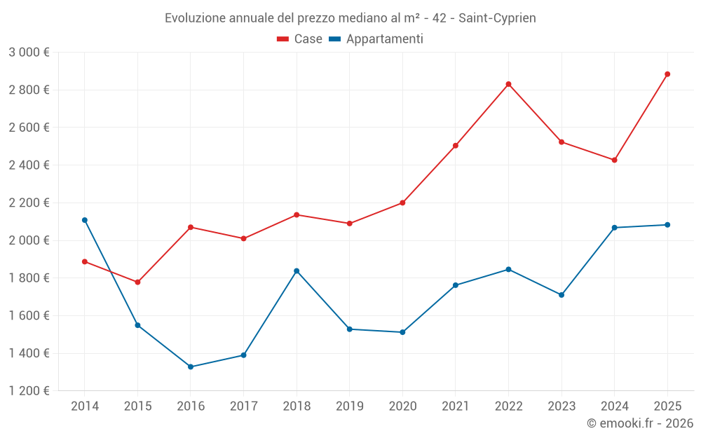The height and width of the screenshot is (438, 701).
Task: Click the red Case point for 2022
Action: (x=508, y=84)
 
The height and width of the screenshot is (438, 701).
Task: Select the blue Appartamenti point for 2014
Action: (x=85, y=220)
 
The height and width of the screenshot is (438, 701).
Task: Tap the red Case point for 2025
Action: (x=667, y=74)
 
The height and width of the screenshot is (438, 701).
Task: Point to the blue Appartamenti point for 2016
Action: (x=191, y=367)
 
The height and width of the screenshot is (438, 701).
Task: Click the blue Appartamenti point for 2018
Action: (x=297, y=271)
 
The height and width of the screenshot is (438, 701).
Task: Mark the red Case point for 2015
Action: (x=137, y=282)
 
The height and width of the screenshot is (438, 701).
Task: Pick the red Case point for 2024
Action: (x=614, y=160)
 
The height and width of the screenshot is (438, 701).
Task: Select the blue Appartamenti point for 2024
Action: (x=614, y=228)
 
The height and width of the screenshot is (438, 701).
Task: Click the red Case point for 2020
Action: (x=402, y=203)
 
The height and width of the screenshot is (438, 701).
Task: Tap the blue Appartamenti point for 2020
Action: (x=402, y=332)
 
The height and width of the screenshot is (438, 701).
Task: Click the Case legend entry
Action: (x=300, y=39)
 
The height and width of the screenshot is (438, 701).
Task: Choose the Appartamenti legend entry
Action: (x=376, y=39)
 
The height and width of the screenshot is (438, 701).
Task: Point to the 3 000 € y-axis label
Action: (x=29, y=53)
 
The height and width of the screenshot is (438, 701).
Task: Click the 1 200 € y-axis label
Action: (x=29, y=391)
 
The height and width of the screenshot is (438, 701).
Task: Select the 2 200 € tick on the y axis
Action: (x=29, y=203)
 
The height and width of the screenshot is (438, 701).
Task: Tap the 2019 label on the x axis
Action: (x=349, y=406)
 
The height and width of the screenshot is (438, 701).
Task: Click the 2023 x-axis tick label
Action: (x=562, y=406)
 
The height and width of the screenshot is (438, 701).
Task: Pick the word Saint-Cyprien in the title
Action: (x=497, y=18)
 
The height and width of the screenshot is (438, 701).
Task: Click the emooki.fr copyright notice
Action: (x=639, y=423)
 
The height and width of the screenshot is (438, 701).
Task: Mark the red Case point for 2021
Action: (x=456, y=146)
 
